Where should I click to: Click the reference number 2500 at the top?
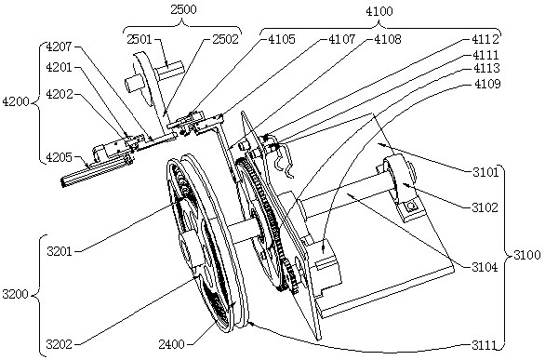tap(183, 9)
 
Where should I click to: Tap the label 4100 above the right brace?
tap(379, 11)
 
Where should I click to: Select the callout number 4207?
tap(60, 47)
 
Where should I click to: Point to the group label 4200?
tap(16, 101)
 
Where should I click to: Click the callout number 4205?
tap(60, 157)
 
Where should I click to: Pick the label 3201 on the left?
tap(60, 251)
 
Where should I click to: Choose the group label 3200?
tap(15, 294)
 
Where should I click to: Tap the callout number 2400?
tap(172, 344)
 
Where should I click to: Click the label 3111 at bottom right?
tap(485, 345)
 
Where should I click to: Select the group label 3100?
tap(527, 255)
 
